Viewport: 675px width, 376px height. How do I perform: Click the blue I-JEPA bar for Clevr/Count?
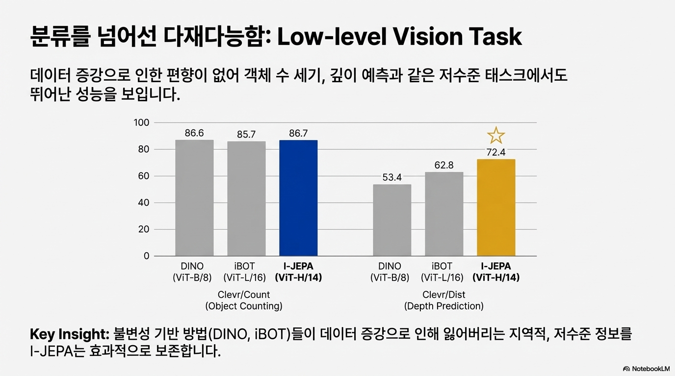[x=298, y=198]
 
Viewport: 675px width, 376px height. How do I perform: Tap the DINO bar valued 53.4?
[x=392, y=220]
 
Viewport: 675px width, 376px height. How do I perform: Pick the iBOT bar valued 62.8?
[x=444, y=213]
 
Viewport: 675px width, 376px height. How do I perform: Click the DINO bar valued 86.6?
[x=194, y=198]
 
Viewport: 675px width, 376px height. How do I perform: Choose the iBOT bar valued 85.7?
[x=246, y=198]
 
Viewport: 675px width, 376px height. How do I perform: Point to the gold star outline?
[x=496, y=135]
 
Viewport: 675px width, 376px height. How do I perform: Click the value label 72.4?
[x=496, y=153]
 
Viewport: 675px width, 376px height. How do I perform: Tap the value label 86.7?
[x=298, y=133]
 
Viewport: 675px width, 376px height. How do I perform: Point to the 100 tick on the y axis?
[x=141, y=122]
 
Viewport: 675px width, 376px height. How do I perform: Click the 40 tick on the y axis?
[x=143, y=203]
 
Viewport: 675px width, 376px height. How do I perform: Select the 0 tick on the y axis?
[x=146, y=256]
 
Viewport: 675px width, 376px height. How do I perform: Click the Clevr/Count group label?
[x=244, y=295]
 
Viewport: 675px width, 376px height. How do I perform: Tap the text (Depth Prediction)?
[x=444, y=306]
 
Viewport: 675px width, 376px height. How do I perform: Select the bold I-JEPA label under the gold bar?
[x=496, y=266]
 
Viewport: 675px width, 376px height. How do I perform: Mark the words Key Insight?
[x=68, y=335]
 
